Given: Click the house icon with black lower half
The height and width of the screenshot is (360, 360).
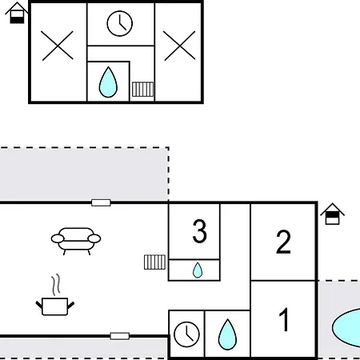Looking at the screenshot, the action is tap(17, 13).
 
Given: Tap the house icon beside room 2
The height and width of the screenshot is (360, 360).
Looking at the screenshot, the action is tap(332, 214).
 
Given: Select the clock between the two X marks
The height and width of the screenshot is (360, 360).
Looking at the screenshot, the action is tap(120, 23).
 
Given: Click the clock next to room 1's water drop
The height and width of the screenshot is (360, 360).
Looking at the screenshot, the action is tap(186, 334).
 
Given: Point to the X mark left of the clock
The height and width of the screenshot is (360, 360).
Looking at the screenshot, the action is tap(58, 46).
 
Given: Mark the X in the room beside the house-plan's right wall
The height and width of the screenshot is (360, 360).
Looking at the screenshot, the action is tap(179, 46).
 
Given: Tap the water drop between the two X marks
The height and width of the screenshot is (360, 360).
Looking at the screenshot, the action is tap(108, 82).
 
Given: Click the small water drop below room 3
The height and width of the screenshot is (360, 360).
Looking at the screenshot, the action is tap(198, 270).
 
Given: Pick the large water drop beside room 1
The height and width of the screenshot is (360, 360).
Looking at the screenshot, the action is tap(227, 334).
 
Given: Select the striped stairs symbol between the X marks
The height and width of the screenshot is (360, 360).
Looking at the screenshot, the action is tap(143, 90).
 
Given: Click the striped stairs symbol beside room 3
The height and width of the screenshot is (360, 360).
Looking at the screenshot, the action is tap(154, 262).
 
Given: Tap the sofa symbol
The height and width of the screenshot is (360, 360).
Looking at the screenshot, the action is tap(76, 241).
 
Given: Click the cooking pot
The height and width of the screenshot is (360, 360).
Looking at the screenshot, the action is tap(55, 306).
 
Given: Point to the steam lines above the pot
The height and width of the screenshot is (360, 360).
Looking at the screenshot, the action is tap(56, 285).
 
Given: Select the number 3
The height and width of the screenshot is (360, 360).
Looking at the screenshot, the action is tap(199, 231).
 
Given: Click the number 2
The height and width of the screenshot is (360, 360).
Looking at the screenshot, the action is tap(283, 242).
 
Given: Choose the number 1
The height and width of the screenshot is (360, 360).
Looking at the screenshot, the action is tap(284, 319).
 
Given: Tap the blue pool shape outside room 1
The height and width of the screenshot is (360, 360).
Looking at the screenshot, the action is tap(346, 328).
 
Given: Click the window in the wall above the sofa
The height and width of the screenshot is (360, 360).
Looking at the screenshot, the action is tap(101, 202).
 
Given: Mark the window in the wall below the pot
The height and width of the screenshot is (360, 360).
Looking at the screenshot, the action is tap(120, 336).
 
